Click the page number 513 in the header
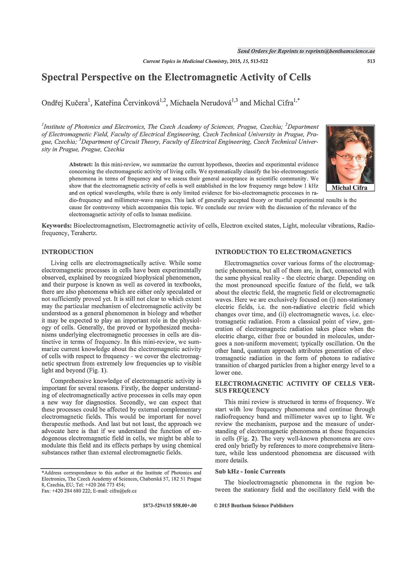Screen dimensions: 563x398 [x=371, y=61]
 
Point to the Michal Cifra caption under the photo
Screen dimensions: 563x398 [x=349, y=188]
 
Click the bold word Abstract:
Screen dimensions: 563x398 [x=81, y=164]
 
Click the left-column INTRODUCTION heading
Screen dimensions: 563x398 [x=68, y=252]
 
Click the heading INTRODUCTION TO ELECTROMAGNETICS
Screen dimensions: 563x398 [x=283, y=252]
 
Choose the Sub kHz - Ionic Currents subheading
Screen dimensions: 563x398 [x=250, y=472]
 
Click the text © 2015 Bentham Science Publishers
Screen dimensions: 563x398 [x=253, y=506]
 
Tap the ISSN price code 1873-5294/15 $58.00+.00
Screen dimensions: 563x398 [x=169, y=506]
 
